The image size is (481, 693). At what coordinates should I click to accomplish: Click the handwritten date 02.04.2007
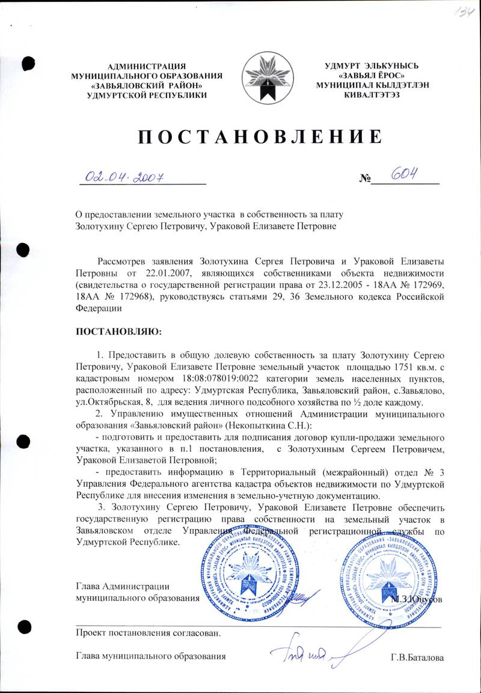(125, 176)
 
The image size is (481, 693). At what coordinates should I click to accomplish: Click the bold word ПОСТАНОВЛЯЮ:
(118, 331)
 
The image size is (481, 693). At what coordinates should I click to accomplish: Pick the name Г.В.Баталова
(417, 658)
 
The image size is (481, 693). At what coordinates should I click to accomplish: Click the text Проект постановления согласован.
(148, 633)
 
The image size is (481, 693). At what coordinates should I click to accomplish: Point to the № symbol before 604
(364, 179)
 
